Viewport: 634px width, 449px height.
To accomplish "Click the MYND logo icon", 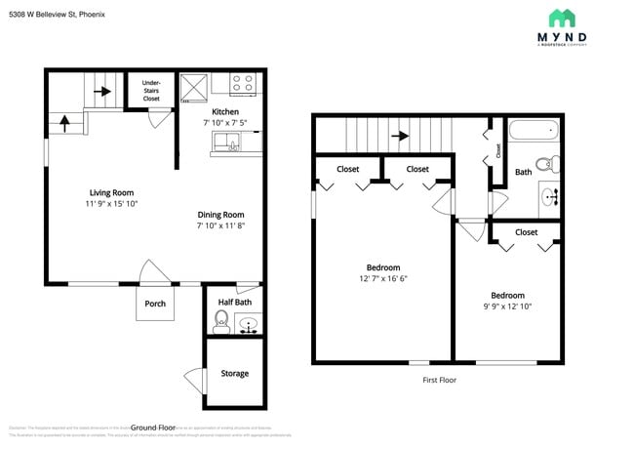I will pos(562,19).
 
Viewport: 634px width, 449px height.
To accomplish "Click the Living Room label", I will pos(111,192).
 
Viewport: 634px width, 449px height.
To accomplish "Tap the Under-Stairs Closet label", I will pos(151,90).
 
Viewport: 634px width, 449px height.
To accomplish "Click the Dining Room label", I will pos(220,215).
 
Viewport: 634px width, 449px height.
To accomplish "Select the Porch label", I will pos(155,304).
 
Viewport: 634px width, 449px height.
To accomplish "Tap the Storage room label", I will pos(234,373).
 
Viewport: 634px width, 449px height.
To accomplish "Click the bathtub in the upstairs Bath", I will pos(535,130).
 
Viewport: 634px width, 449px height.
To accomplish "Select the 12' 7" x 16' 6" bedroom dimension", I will pos(383,279).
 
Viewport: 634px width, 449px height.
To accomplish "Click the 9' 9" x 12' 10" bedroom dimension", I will pos(506,306).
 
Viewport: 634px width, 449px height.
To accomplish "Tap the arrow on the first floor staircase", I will pos(400,137).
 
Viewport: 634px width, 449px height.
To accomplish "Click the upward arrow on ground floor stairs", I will pos(66,123).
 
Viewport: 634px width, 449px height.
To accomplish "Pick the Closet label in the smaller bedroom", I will pos(526,232).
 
